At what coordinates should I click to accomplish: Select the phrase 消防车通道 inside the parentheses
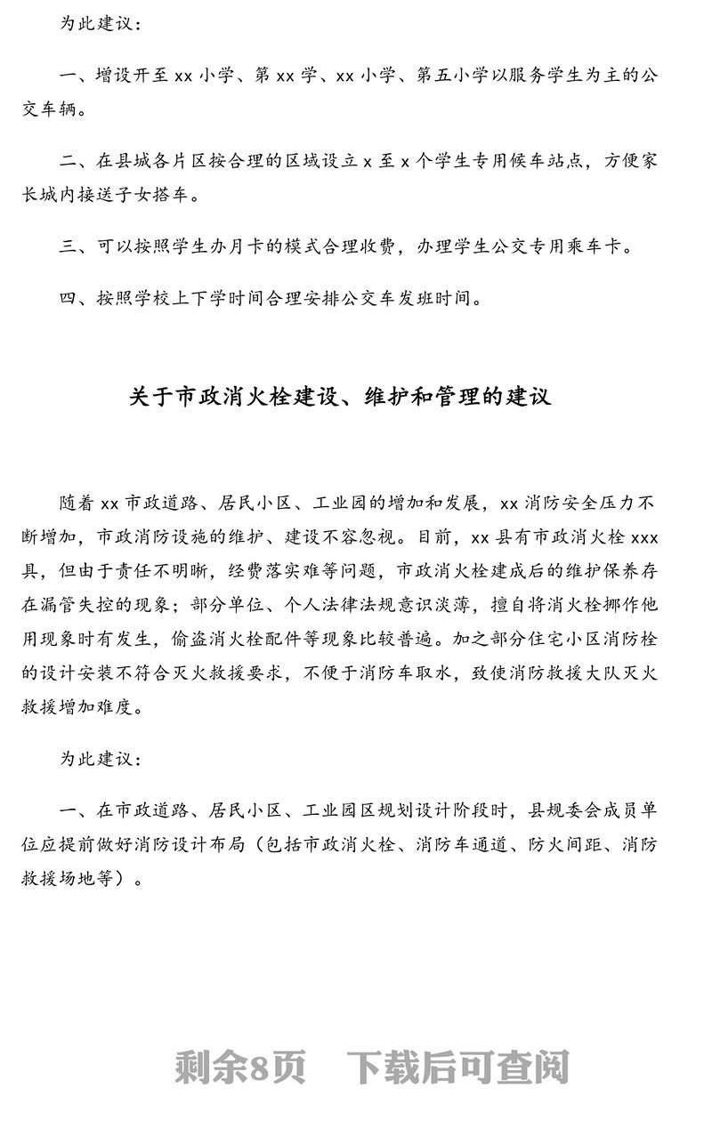463,845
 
